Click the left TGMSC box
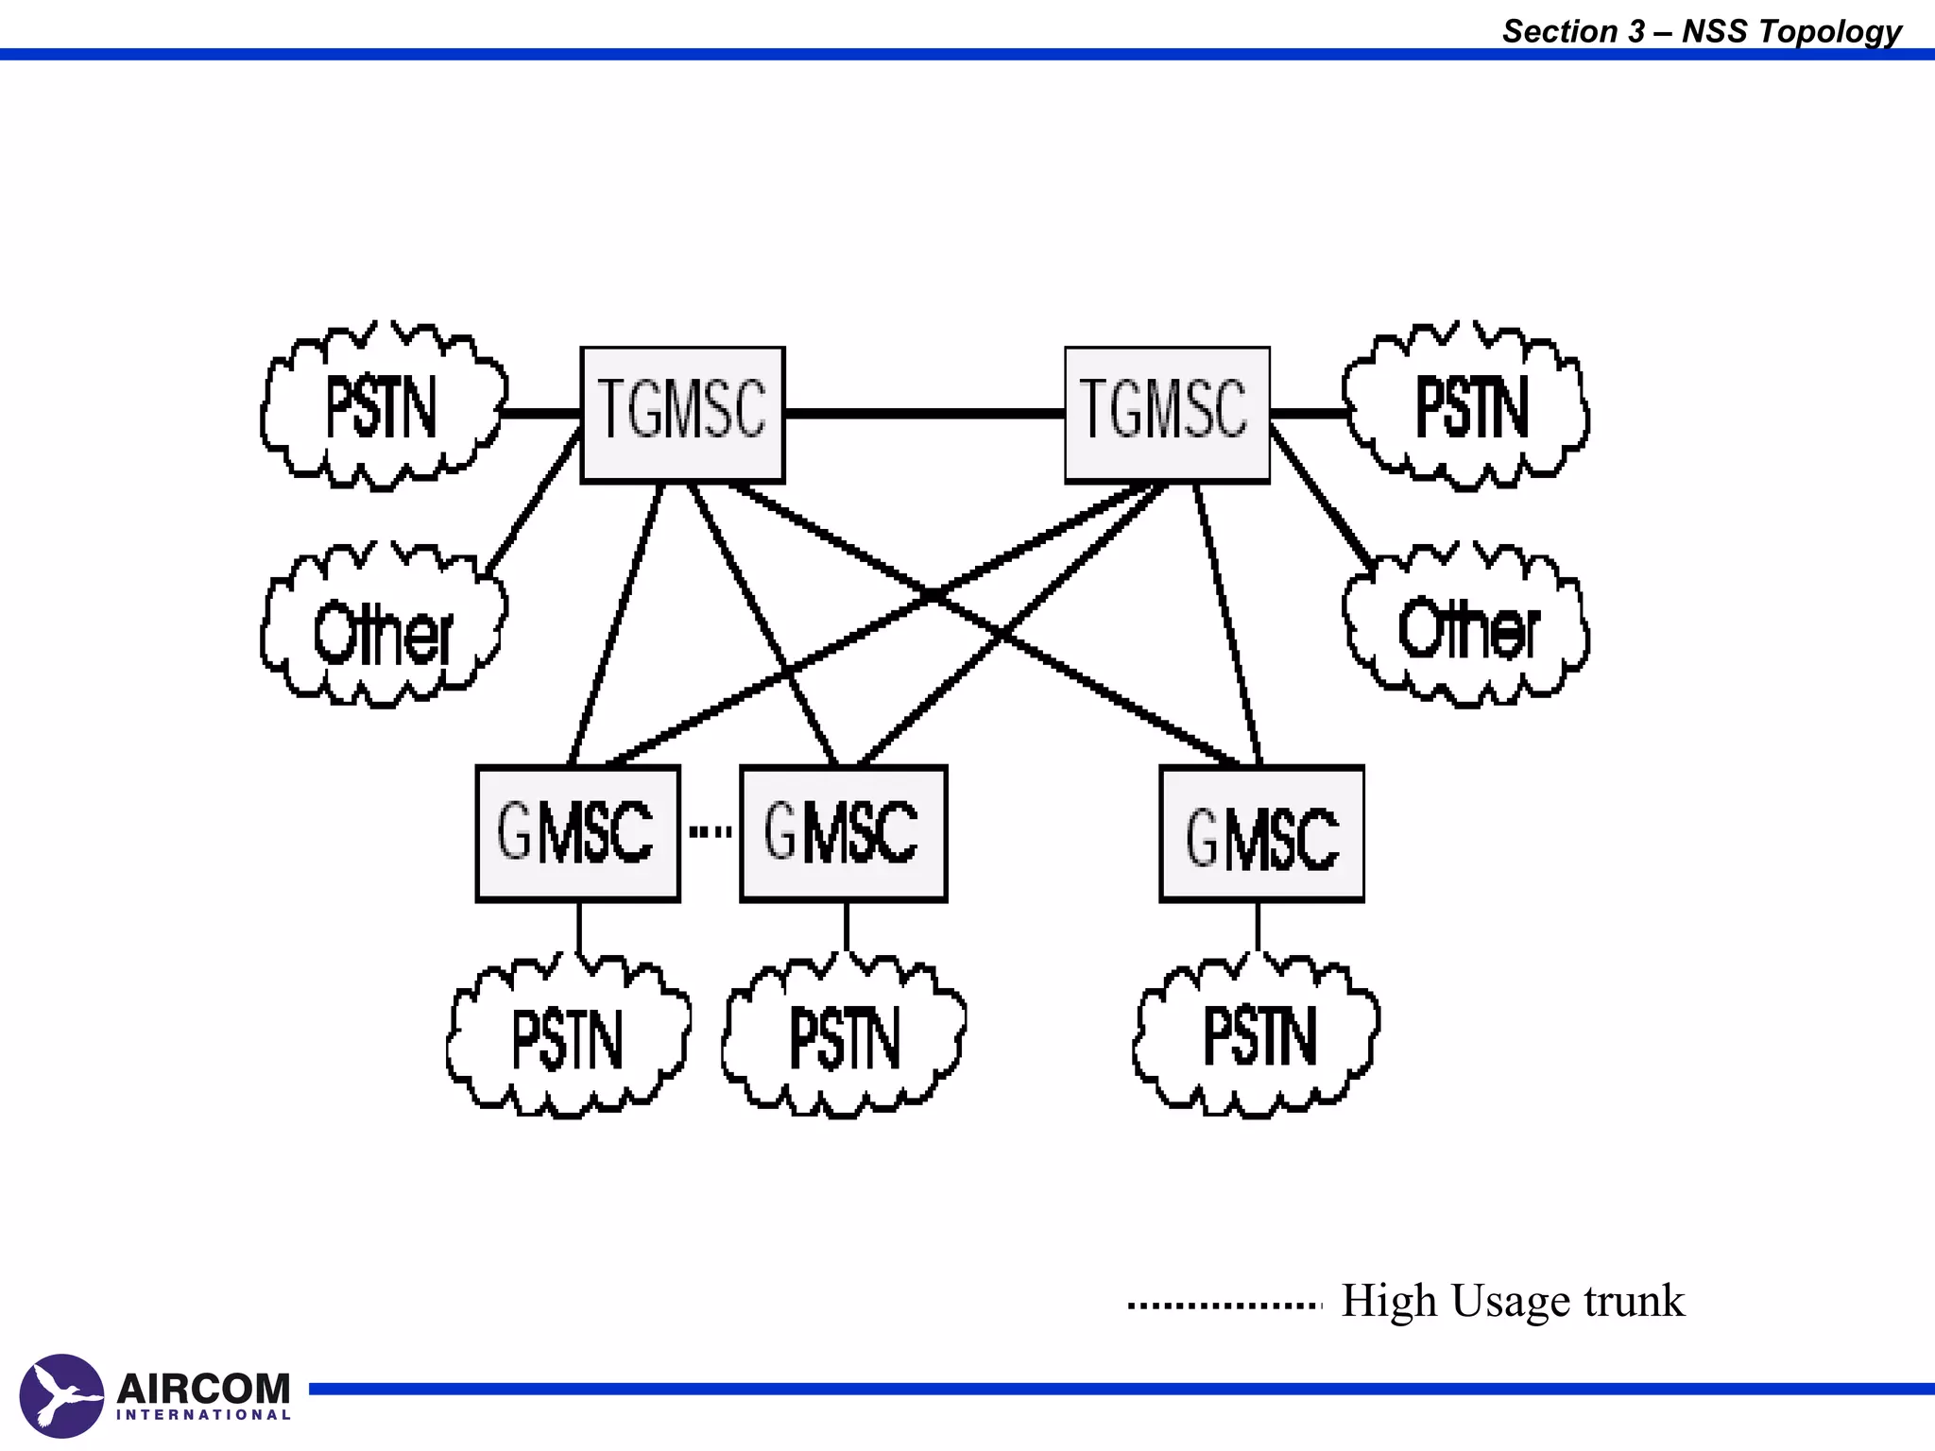click(x=682, y=414)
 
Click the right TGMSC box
click(x=1167, y=414)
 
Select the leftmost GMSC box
click(x=577, y=833)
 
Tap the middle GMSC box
click(x=843, y=833)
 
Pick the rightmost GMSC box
click(x=1261, y=833)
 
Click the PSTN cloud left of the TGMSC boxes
click(x=382, y=408)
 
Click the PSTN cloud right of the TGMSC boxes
click(x=1467, y=408)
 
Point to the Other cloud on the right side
click(x=1467, y=628)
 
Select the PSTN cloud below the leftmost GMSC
click(x=568, y=1038)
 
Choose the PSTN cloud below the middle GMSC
click(x=844, y=1038)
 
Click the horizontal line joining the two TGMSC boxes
click(x=924, y=414)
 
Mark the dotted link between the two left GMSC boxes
click(x=710, y=832)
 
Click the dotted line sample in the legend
click(x=1224, y=1306)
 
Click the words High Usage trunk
click(x=1512, y=1302)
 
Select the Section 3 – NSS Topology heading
click(x=1701, y=31)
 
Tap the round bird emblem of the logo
click(x=61, y=1395)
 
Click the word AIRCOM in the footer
click(x=203, y=1389)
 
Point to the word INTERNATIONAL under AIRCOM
click(x=203, y=1415)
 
